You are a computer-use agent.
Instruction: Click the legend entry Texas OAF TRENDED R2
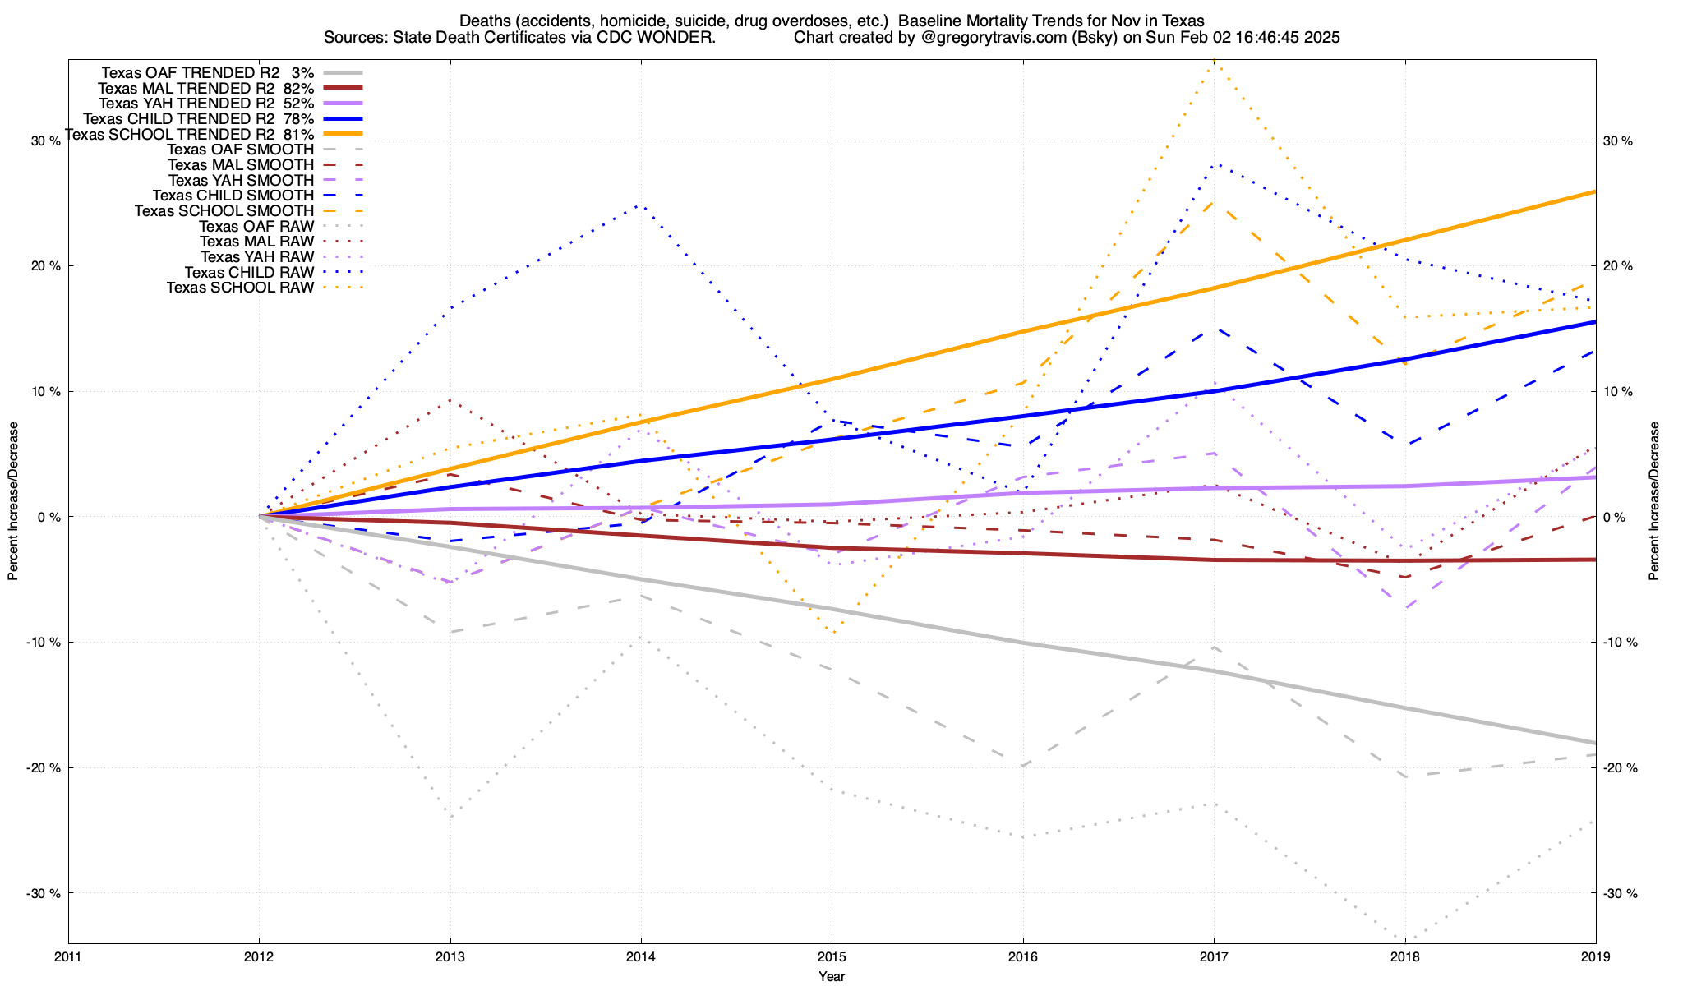click(191, 72)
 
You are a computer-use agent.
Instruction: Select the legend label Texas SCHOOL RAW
click(240, 288)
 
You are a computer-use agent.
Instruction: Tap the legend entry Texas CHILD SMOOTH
click(233, 196)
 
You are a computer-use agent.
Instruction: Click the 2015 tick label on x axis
click(832, 956)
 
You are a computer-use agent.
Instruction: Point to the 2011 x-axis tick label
click(68, 956)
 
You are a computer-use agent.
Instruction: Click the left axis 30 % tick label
click(46, 141)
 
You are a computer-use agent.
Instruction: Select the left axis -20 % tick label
click(44, 767)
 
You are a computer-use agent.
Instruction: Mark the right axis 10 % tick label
click(1618, 391)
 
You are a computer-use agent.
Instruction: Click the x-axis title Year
click(832, 976)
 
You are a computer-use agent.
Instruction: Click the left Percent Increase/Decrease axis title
click(13, 501)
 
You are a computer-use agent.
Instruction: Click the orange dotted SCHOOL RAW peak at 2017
click(1214, 61)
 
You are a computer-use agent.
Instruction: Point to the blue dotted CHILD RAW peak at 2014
click(640, 205)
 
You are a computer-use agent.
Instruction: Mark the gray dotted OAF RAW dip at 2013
click(450, 817)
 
